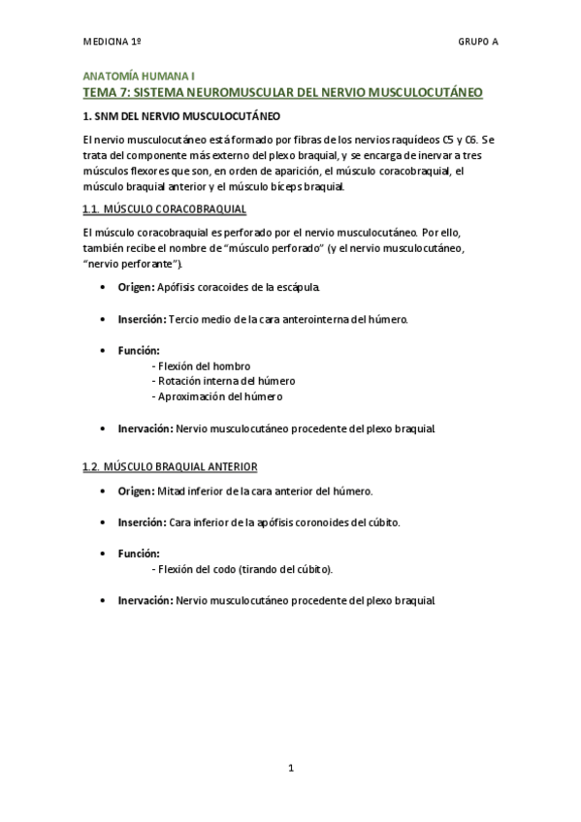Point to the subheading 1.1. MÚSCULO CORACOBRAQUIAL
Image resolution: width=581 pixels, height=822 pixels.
tap(164, 209)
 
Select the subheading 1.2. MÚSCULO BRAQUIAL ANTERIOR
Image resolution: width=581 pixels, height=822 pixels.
tap(170, 467)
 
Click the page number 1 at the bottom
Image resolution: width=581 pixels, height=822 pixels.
tap(291, 769)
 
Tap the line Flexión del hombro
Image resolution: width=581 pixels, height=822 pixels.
tap(202, 365)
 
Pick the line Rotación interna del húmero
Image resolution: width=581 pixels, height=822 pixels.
tap(224, 381)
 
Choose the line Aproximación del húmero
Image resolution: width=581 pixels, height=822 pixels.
tap(218, 396)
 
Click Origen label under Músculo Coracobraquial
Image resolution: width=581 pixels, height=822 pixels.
tap(135, 288)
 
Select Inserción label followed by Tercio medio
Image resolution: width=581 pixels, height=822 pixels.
tap(142, 319)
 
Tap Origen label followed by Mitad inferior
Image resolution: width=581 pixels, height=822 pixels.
tap(135, 490)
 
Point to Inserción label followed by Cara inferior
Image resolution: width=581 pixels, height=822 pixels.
tap(142, 522)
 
